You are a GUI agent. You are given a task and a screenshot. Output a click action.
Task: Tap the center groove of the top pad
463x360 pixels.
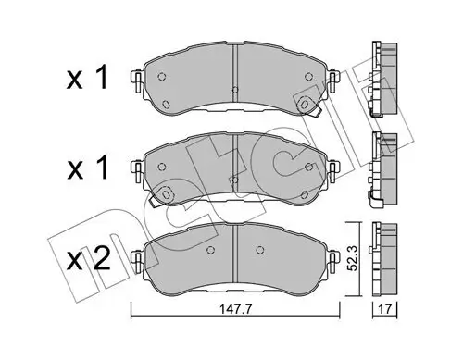pyautogui.click(x=236, y=74)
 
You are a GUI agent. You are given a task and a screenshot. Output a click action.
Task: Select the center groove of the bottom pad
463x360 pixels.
pyautogui.click(x=236, y=256)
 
